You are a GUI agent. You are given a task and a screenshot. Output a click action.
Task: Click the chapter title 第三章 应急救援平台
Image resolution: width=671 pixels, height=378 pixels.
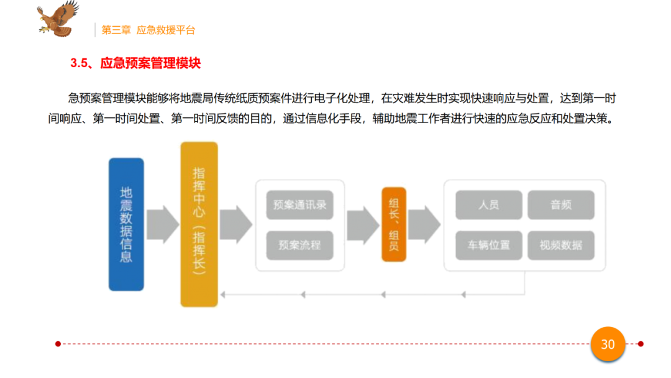pos(148,30)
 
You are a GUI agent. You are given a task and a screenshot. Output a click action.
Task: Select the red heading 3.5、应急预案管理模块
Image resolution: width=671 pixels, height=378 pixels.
pos(135,63)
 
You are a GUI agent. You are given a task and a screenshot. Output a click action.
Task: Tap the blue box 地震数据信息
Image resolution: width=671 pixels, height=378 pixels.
pos(126,224)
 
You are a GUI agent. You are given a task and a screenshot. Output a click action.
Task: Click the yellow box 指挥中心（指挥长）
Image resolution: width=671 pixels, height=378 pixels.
pos(199,224)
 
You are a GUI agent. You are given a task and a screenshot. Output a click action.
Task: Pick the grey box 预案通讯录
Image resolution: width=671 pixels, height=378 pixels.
pos(299,205)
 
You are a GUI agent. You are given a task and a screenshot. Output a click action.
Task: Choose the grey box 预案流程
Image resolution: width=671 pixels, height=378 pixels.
pos(299,245)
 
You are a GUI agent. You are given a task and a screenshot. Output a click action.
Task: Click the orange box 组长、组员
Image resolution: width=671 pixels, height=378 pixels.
pos(393,224)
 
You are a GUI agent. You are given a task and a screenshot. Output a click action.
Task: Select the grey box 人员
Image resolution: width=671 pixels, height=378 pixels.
pos(488,205)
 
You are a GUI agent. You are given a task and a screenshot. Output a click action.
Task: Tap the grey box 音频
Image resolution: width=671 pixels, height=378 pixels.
pos(560,205)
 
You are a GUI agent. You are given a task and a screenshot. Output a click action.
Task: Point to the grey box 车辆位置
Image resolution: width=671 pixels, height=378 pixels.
pos(488,245)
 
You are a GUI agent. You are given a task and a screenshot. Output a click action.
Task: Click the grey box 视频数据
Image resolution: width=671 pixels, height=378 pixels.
pos(560,245)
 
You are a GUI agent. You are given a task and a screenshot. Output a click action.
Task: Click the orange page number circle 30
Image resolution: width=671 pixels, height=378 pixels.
pos(608,344)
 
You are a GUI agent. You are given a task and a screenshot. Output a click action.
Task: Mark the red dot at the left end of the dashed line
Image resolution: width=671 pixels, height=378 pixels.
pos(58,343)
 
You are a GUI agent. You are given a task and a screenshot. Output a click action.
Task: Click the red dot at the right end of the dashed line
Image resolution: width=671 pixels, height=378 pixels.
pos(641,343)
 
